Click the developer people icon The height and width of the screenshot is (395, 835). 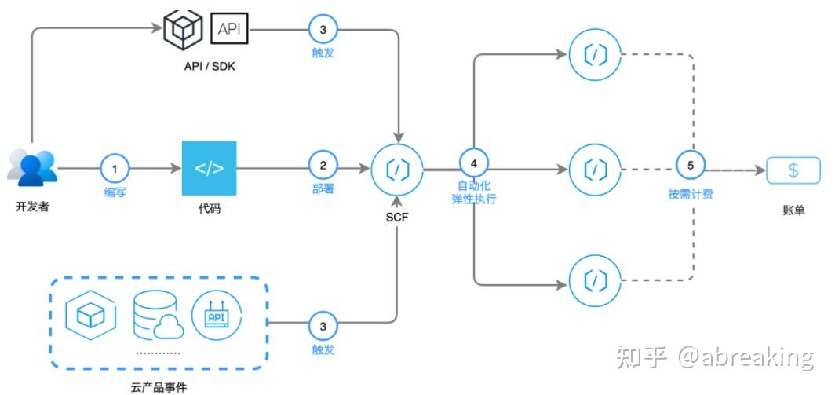[33, 167]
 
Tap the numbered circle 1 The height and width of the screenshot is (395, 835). [115, 167]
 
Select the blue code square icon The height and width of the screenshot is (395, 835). [209, 168]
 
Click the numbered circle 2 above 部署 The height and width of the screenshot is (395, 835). [323, 166]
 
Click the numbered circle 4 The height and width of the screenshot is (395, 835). [473, 163]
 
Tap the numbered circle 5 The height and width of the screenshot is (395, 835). [691, 166]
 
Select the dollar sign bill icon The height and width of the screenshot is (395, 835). [793, 170]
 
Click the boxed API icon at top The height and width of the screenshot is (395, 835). [229, 29]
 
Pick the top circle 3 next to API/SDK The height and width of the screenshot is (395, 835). [323, 29]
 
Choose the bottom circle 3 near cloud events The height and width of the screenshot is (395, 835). [323, 324]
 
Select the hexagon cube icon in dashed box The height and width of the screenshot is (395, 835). [91, 315]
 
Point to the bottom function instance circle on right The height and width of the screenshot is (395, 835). [596, 280]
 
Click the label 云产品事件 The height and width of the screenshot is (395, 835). [159, 386]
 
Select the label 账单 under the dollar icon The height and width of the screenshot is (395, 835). [793, 210]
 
